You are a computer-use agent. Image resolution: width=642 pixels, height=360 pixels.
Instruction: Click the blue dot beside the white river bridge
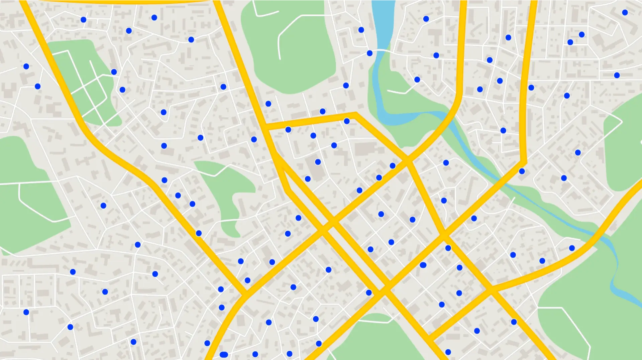pos(369,53)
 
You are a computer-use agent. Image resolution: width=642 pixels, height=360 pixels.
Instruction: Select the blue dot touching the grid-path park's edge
pos(114,72)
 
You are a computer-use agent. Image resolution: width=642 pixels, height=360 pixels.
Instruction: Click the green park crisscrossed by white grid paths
pos(84,84)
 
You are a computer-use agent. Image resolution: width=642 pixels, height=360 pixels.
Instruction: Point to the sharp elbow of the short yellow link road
pos(356,115)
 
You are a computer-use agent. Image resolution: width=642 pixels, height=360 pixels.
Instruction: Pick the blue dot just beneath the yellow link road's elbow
pos(347,121)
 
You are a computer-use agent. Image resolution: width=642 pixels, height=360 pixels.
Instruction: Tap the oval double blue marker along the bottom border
pos(224,354)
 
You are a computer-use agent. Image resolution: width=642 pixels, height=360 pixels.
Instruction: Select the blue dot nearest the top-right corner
pos(625,13)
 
